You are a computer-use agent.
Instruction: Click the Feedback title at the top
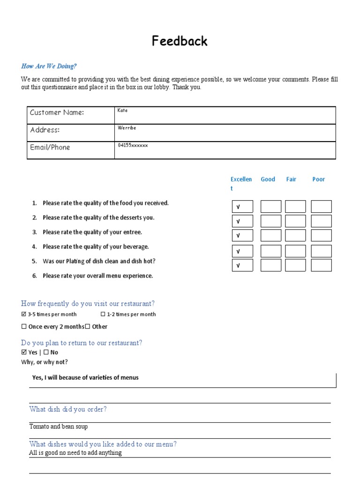tap(180, 41)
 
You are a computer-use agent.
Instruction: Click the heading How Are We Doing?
tap(49, 66)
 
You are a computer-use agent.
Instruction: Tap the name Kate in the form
tap(122, 111)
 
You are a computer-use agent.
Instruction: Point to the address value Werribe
tap(127, 127)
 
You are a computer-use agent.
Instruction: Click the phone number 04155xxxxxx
tap(133, 145)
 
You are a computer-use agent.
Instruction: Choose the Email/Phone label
tap(50, 147)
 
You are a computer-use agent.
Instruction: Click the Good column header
tap(268, 179)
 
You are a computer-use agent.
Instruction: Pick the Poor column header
tap(318, 179)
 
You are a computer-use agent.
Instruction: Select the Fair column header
tap(291, 179)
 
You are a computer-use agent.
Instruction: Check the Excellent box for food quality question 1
tap(242, 207)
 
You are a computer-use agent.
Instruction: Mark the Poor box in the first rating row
tap(321, 207)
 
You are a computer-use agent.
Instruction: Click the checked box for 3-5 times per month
tap(24, 315)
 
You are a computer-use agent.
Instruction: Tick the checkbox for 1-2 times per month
tap(103, 315)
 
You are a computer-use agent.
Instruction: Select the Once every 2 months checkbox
tap(24, 327)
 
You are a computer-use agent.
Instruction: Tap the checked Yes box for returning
tap(24, 352)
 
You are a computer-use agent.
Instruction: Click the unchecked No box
tap(46, 352)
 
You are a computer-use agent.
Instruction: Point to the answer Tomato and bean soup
tap(59, 427)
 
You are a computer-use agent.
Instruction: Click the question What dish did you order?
tap(68, 409)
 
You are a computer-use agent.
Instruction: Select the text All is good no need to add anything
tap(75, 453)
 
